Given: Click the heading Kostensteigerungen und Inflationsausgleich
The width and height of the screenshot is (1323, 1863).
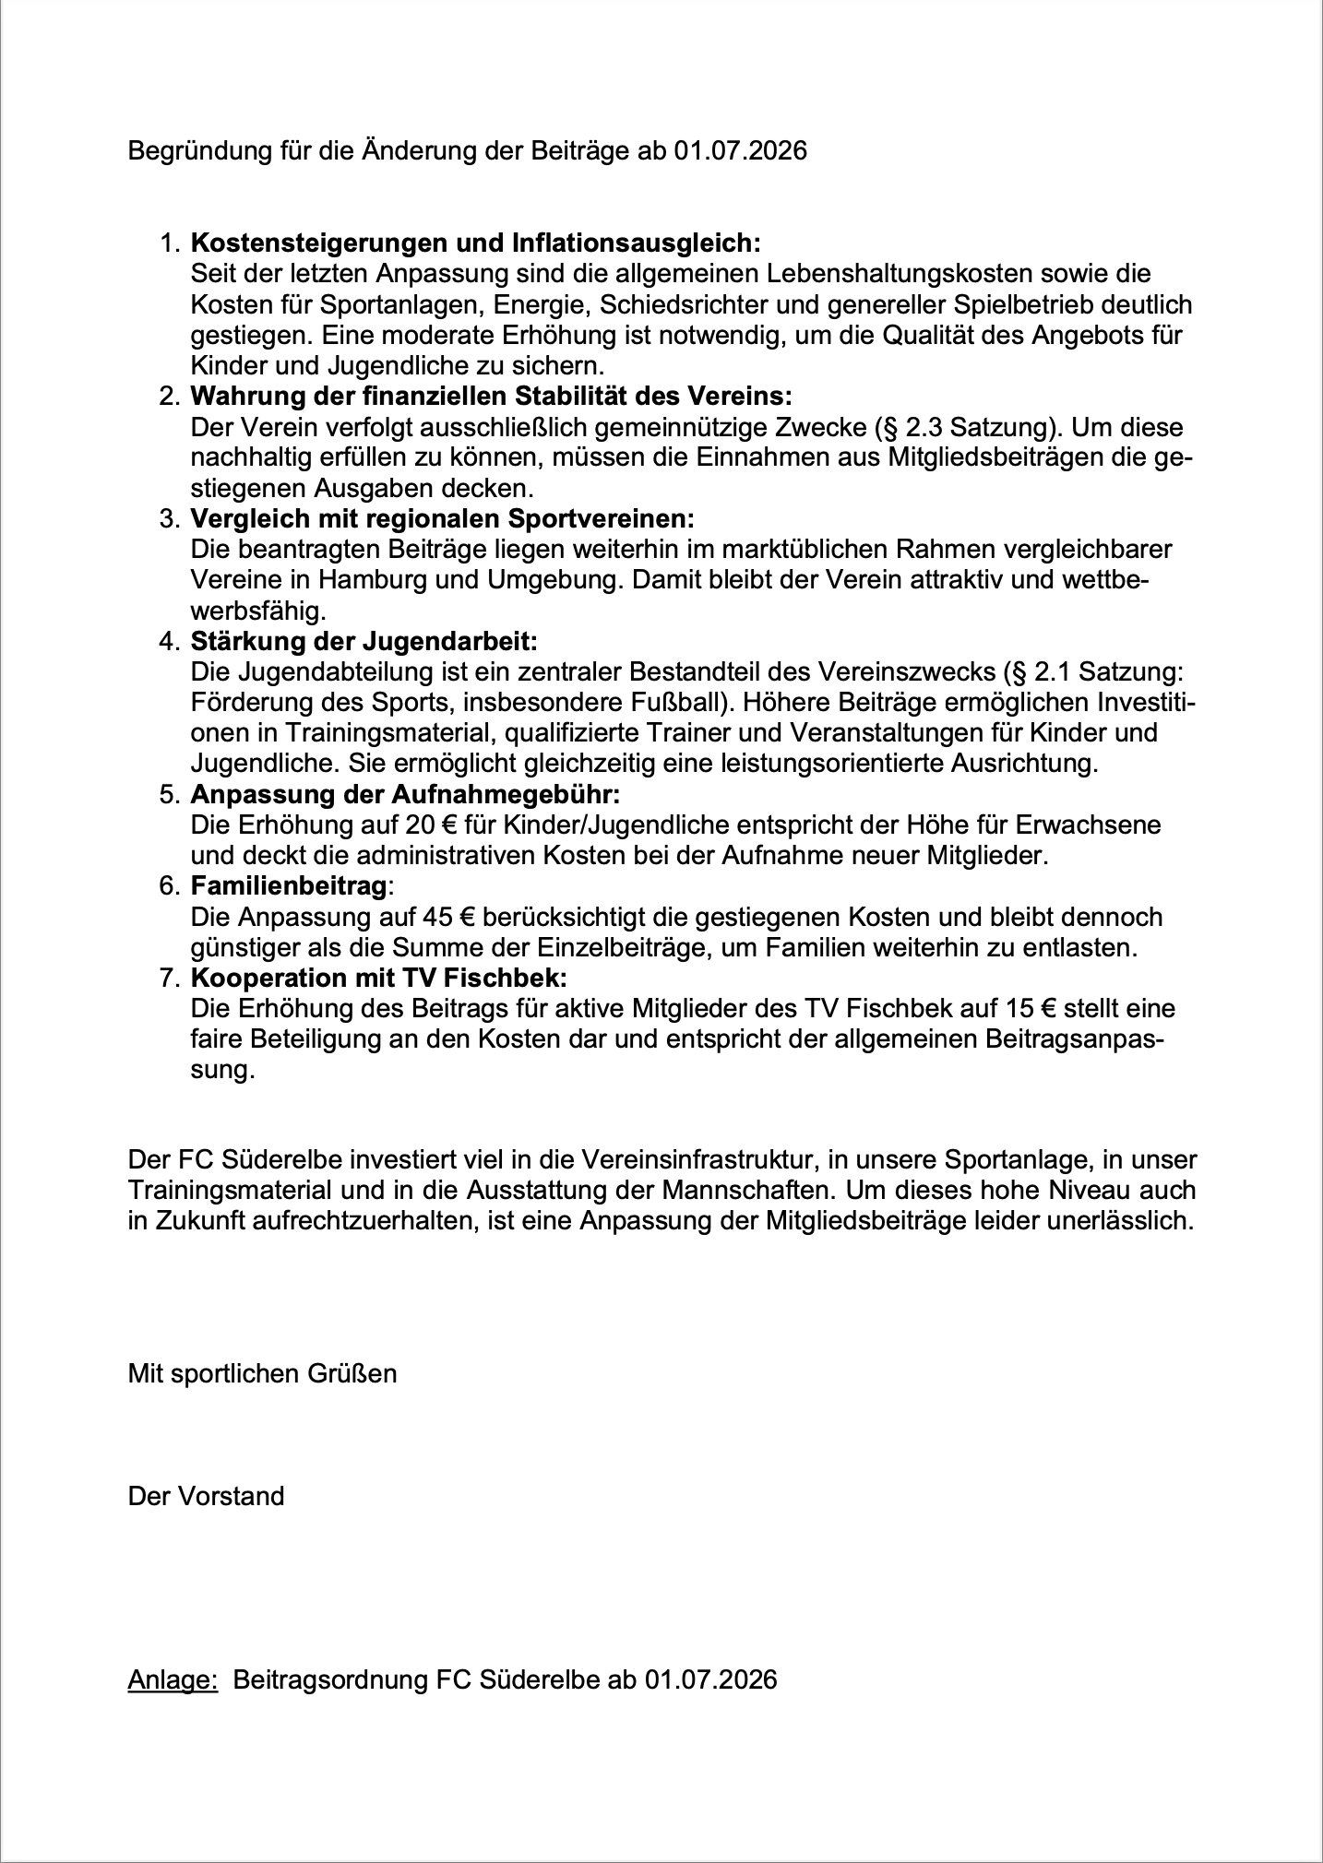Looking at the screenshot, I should click(x=475, y=243).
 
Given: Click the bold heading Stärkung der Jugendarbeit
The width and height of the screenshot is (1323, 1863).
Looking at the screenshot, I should click(x=364, y=641).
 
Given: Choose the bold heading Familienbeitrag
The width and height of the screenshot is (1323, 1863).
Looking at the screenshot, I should click(x=288, y=886).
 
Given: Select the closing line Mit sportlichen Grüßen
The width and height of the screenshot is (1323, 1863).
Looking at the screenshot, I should click(x=262, y=1373).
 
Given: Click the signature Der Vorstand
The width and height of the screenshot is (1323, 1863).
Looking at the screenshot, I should click(x=206, y=1496).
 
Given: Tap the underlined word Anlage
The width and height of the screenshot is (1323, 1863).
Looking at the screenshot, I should click(x=172, y=1679).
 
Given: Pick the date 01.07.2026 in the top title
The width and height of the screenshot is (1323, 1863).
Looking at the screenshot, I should click(x=740, y=150).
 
